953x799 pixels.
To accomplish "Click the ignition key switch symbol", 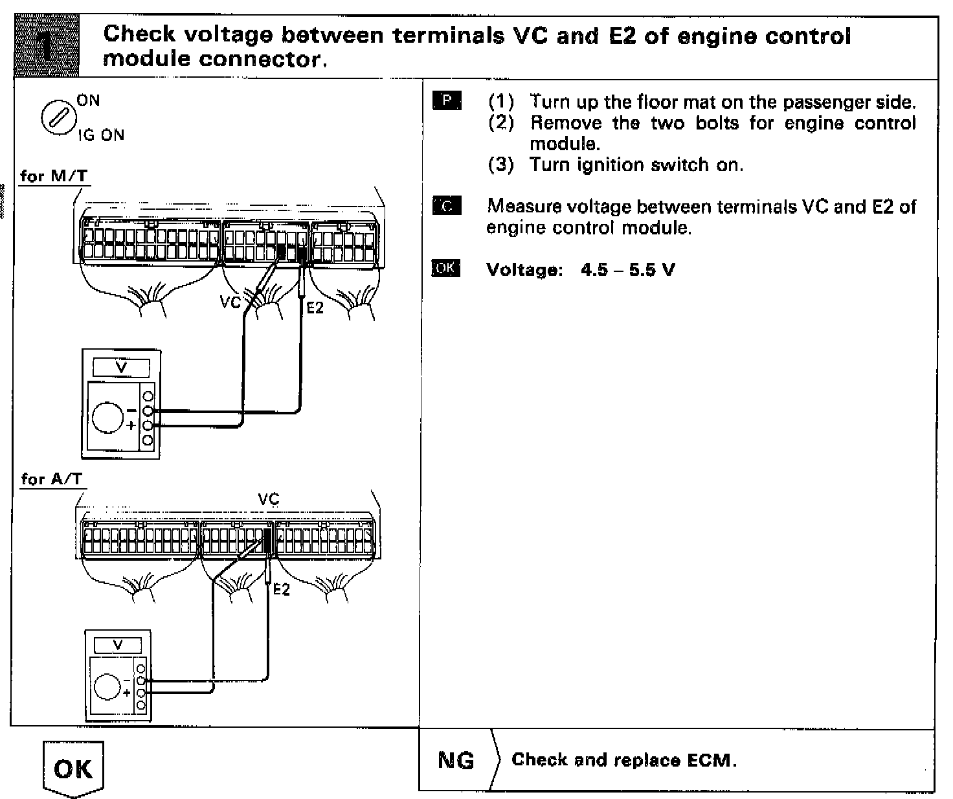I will point(56,117).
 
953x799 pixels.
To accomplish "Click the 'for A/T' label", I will point(51,479).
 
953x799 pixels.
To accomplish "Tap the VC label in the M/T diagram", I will point(230,302).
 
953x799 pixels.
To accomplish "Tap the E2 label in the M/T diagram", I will point(315,308).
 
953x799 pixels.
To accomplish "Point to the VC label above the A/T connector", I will point(268,499).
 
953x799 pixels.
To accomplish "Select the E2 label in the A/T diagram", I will point(281,589).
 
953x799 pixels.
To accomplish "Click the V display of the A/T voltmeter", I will point(118,645).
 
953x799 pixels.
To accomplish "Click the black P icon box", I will point(447,101).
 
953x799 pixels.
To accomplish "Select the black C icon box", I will point(447,207).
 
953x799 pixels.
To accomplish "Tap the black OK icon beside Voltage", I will point(446,269).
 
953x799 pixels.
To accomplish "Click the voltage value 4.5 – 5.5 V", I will point(627,269).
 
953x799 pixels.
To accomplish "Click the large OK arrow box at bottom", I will point(73,771).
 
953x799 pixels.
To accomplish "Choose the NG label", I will point(456,760).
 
